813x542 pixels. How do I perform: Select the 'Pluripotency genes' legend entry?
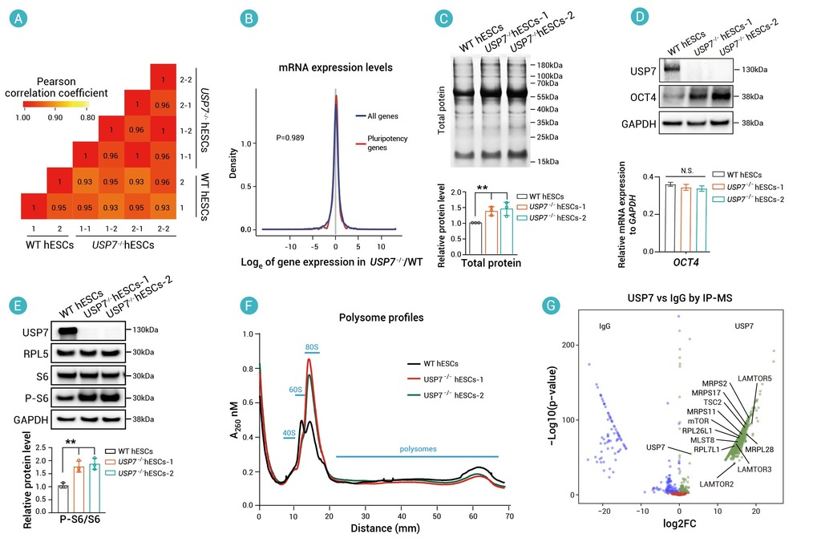click(390, 143)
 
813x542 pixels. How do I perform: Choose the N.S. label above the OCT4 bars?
click(686, 169)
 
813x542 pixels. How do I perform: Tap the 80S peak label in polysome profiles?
click(312, 346)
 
